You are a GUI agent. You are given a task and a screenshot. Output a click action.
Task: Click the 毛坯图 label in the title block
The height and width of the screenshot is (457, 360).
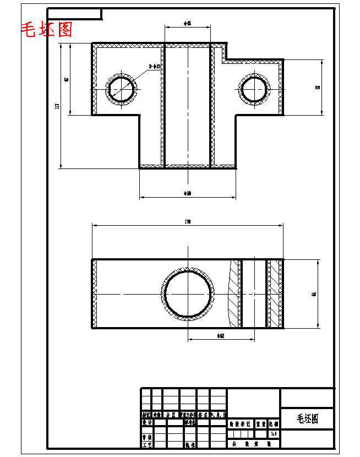coord(307,419)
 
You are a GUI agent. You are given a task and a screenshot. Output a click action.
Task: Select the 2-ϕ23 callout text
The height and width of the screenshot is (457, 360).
coord(155,67)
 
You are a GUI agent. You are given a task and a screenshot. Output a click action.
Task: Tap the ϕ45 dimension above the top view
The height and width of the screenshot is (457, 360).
coord(188,24)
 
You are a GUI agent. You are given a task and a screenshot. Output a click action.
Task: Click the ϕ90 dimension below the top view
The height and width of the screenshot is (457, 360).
coord(188,193)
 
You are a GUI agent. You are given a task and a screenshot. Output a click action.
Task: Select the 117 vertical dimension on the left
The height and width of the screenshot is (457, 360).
coord(58,106)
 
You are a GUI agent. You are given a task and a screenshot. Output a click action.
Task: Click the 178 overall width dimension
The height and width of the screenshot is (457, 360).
coord(188,221)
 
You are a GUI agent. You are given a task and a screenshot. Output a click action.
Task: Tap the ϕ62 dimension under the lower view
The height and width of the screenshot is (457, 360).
coord(221,335)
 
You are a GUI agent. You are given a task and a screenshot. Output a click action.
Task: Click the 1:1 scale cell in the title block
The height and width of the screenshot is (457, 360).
coord(274,434)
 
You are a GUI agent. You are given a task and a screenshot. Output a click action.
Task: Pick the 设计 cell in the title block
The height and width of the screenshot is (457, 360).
coord(147,423)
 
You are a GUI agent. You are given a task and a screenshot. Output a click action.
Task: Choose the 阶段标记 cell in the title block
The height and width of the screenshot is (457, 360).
coord(240,425)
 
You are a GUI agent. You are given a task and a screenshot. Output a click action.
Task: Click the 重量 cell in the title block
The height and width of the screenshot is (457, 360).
coord(261,425)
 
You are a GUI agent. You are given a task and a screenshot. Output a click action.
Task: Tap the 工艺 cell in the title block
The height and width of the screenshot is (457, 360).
coord(147,444)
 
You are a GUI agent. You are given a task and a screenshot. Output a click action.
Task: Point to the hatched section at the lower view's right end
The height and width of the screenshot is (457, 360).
coord(275,293)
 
